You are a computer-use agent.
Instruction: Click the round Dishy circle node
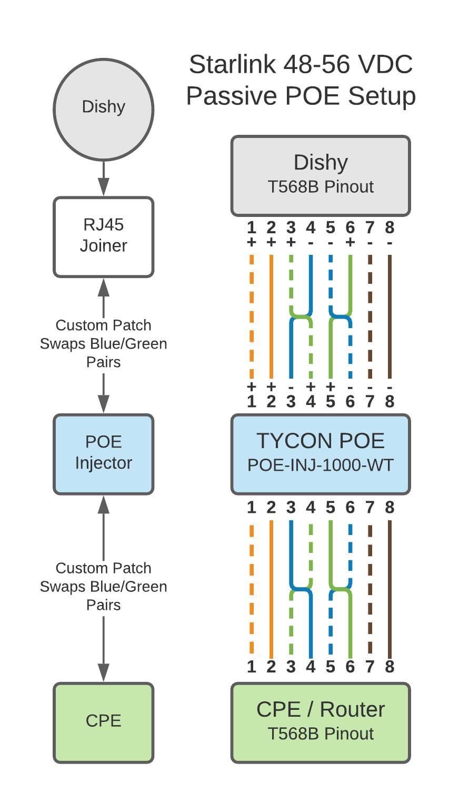pos(104,109)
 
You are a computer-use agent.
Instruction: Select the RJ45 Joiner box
pos(104,237)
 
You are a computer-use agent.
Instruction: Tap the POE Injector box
pos(104,454)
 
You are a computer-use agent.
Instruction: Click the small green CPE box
pos(104,723)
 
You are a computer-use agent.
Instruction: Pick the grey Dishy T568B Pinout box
pos(321,176)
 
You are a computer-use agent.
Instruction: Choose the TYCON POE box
pos(321,454)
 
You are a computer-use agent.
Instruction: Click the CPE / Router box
pos(321,723)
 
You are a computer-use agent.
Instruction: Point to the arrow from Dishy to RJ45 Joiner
pos(104,178)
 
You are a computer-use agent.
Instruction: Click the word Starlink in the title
pos(232,64)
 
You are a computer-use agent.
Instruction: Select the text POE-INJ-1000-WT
pos(321,465)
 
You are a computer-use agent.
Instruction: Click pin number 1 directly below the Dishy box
pos(251,227)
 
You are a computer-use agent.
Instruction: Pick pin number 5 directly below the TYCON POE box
pos(331,507)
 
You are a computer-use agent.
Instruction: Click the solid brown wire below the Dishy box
pos(390,316)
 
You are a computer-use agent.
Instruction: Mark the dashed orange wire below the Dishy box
pos(251,316)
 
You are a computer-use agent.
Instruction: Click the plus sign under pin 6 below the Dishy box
pos(350,242)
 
